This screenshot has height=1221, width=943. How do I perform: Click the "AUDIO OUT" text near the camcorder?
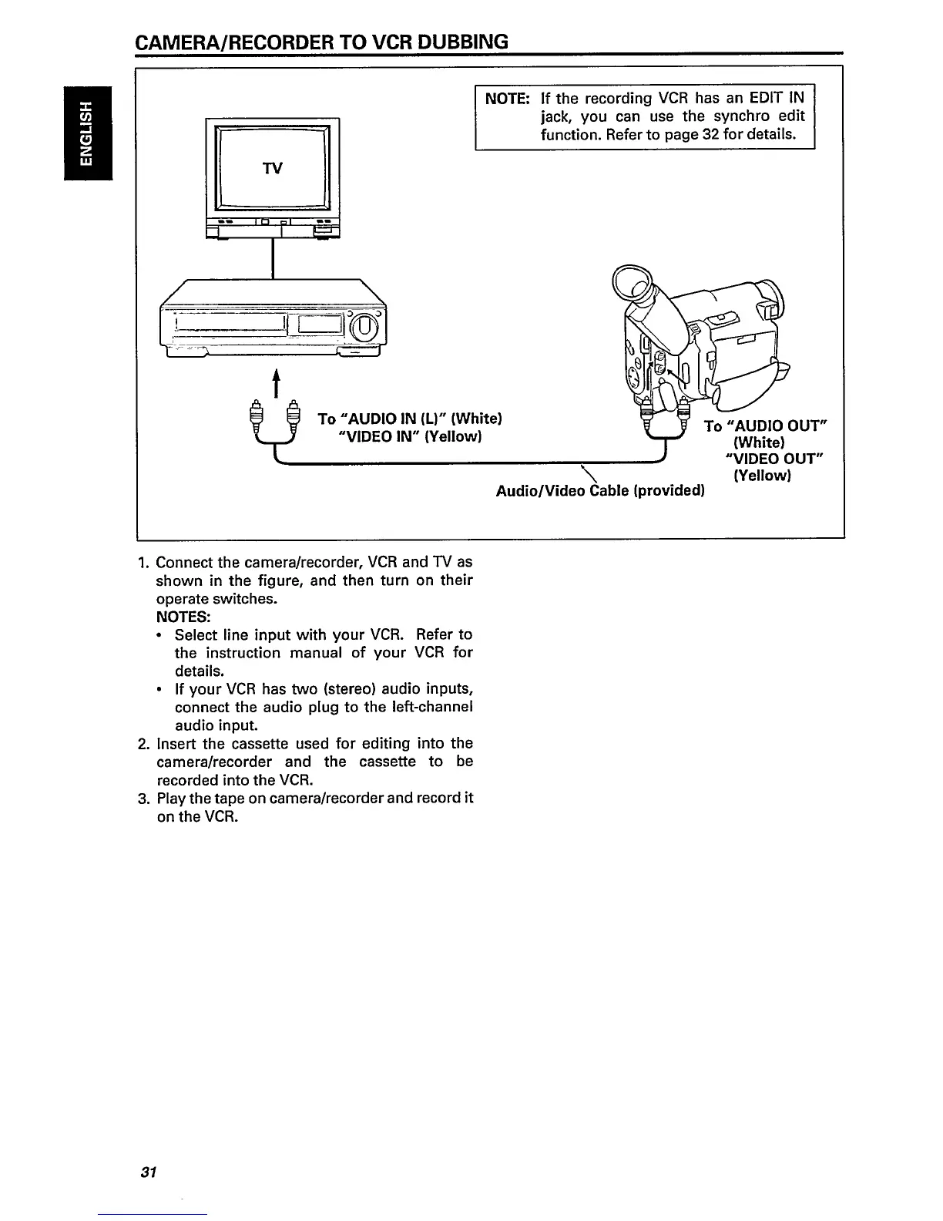776,426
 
